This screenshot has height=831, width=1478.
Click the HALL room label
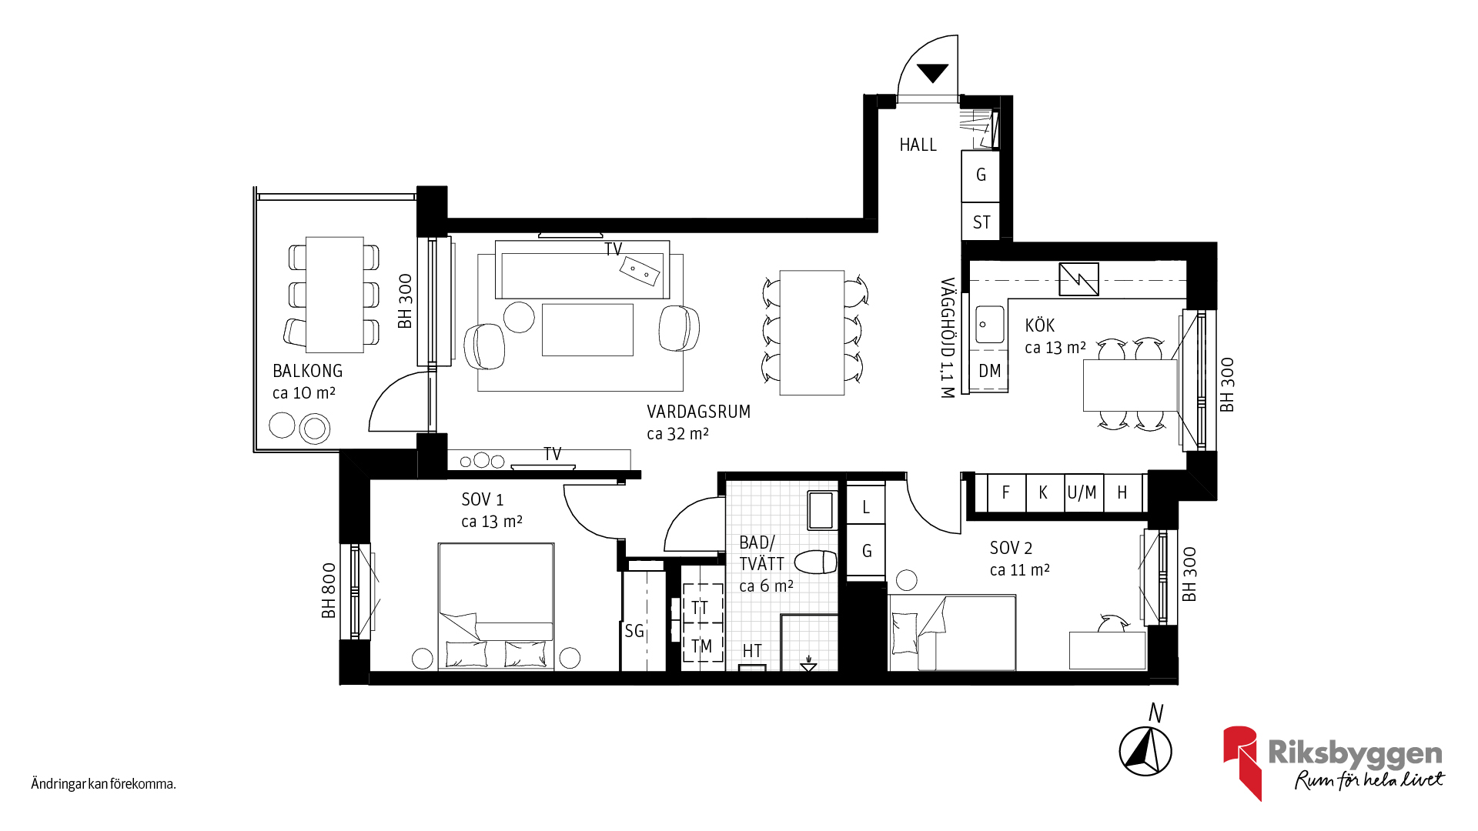click(x=918, y=145)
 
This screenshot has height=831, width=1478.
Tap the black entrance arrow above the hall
click(x=933, y=73)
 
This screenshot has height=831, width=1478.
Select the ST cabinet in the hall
click(x=981, y=222)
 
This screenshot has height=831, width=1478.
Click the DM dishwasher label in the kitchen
click(x=990, y=371)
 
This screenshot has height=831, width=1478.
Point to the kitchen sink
click(x=990, y=325)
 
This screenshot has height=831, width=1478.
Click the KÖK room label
click(x=1039, y=325)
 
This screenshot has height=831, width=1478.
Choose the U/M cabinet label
click(x=1082, y=492)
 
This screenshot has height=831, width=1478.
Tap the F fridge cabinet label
click(x=1005, y=492)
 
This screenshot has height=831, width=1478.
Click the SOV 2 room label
click(x=1011, y=548)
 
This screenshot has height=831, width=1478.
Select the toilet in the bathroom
click(x=816, y=562)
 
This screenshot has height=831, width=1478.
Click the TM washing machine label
click(x=701, y=646)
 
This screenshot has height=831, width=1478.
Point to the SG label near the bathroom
click(x=634, y=631)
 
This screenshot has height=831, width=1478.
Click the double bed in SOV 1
click(x=496, y=606)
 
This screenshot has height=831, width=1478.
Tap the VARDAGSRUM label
click(x=698, y=412)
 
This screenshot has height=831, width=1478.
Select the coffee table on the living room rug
click(x=587, y=329)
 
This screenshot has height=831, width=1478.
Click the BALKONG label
click(x=307, y=371)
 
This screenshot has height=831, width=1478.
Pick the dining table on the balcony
click(x=335, y=294)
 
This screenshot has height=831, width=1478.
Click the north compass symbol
click(x=1145, y=750)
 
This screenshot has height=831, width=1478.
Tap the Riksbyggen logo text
click(x=1355, y=754)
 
